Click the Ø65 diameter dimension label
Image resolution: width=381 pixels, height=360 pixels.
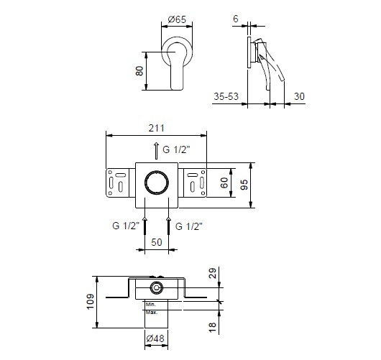pyautogui.click(x=177, y=19)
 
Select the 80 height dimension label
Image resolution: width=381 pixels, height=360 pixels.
pyautogui.click(x=139, y=71)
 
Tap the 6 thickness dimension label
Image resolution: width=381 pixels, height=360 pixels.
pyautogui.click(x=236, y=19)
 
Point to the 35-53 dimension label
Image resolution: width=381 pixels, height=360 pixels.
pyautogui.click(x=226, y=96)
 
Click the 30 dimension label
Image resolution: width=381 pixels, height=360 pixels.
pyautogui.click(x=299, y=96)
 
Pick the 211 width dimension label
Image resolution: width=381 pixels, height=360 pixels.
pyautogui.click(x=156, y=128)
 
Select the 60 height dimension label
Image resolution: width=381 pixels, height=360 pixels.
pyautogui.click(x=224, y=183)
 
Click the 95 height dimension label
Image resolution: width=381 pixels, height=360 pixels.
pyautogui.click(x=244, y=185)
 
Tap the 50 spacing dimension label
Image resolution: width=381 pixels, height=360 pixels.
pyautogui.click(x=157, y=242)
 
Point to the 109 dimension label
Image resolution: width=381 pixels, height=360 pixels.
pyautogui.click(x=90, y=302)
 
